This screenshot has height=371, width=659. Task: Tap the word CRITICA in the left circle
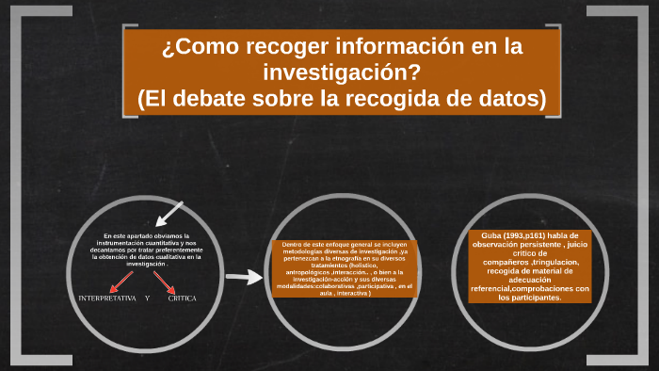click(182, 298)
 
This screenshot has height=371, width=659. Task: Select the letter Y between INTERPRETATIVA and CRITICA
click(148, 298)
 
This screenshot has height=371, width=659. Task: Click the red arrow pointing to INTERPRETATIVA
click(121, 280)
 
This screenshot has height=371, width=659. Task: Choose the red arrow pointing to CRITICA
click(165, 280)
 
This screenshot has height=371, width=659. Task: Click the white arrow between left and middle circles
click(243, 278)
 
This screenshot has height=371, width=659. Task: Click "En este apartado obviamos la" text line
click(147, 235)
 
